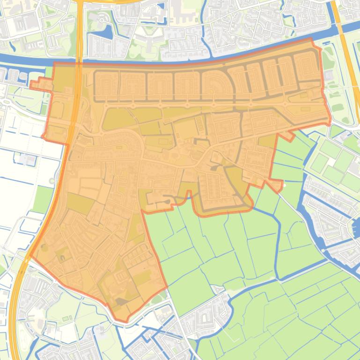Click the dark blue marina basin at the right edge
(353, 227)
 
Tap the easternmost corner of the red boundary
(330, 122)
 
